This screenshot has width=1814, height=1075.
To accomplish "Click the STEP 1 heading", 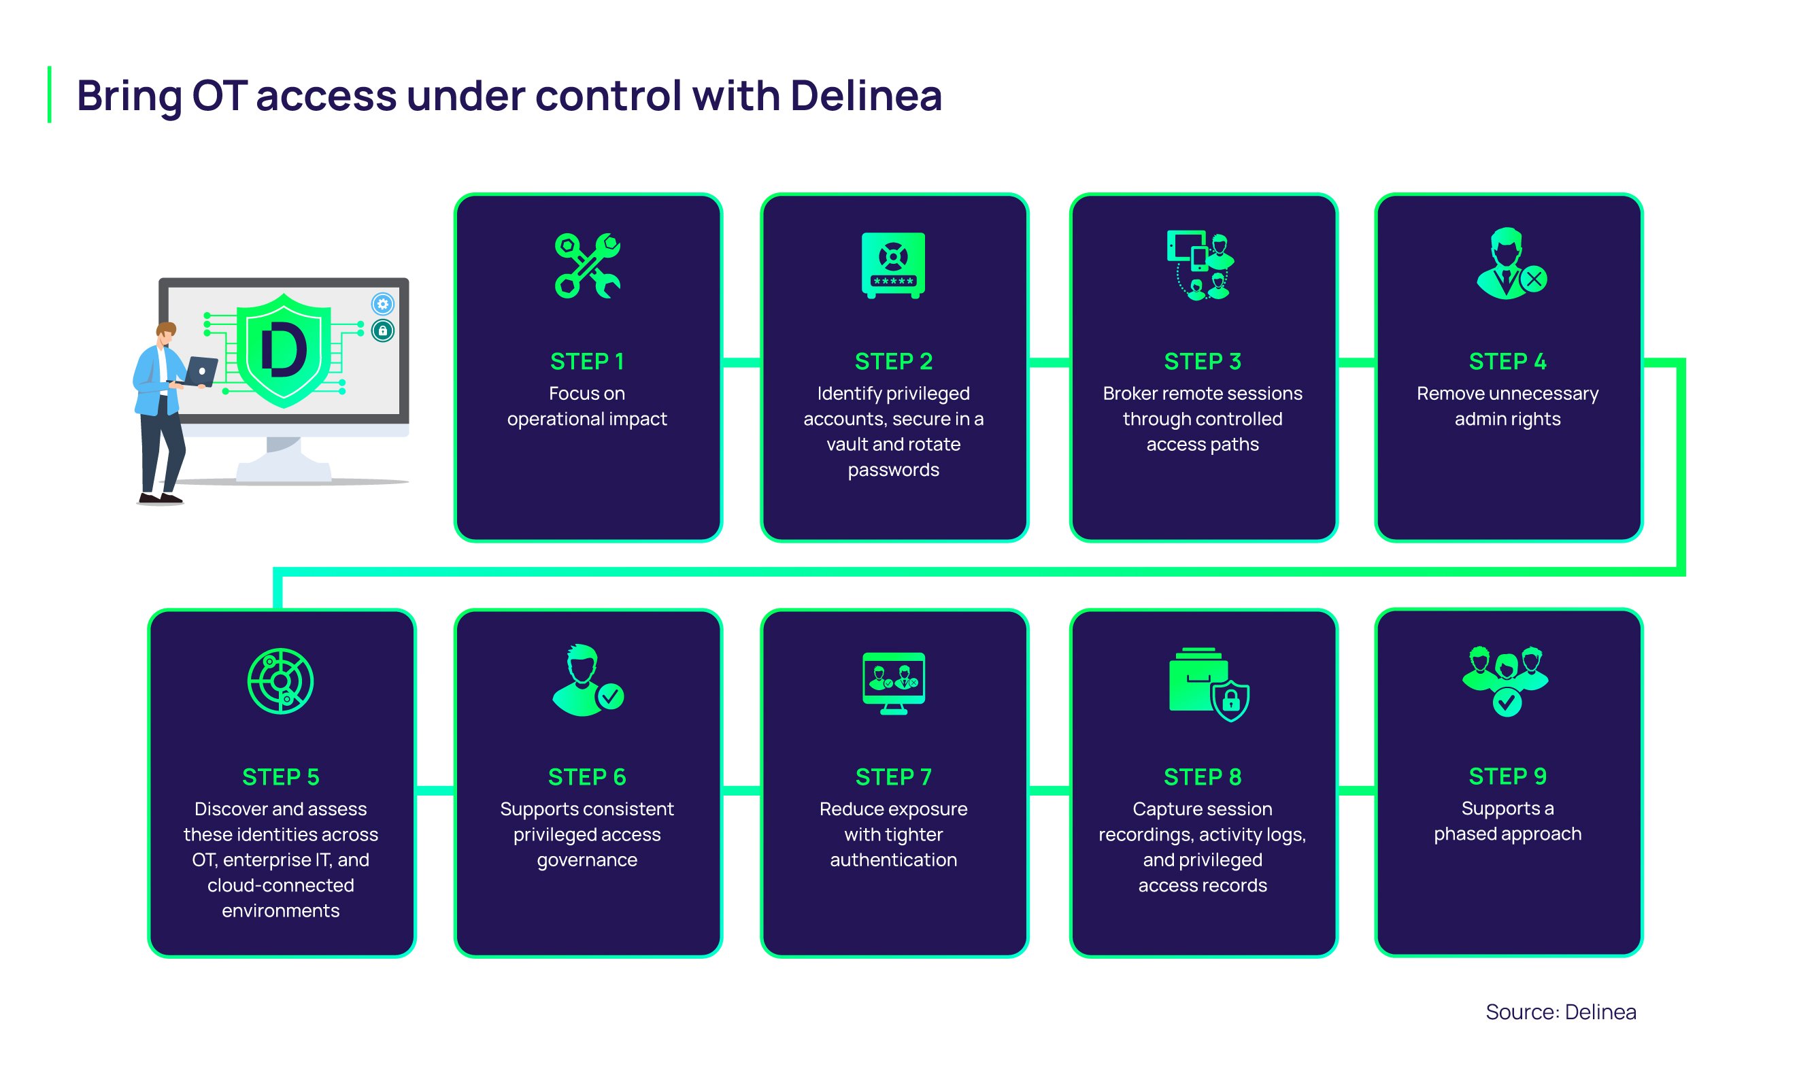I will click(x=587, y=362).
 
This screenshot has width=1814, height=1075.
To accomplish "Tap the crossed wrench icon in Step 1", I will click(x=587, y=266).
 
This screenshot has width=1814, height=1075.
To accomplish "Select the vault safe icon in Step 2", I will click(x=893, y=265).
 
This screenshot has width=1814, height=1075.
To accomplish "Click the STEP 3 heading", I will click(x=1203, y=362).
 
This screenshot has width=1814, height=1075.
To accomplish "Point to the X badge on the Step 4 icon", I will click(x=1534, y=279).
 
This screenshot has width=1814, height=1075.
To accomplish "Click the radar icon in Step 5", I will click(x=280, y=681).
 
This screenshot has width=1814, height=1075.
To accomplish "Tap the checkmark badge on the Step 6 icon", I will click(x=611, y=697).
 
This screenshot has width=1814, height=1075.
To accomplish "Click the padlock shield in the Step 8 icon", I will click(x=1231, y=700).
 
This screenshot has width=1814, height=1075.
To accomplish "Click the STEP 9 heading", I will click(x=1507, y=777).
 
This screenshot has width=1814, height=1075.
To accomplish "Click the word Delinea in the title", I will click(x=866, y=96).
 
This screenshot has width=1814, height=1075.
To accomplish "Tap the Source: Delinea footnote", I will click(x=1560, y=1012).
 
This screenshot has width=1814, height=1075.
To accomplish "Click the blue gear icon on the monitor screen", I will click(x=382, y=303).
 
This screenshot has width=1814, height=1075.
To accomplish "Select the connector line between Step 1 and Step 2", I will click(x=741, y=362).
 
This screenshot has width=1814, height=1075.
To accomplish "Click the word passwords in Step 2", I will click(x=893, y=470).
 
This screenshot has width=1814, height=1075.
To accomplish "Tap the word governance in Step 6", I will click(x=587, y=860).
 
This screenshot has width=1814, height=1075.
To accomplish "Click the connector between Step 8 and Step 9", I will click(x=1356, y=790).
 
